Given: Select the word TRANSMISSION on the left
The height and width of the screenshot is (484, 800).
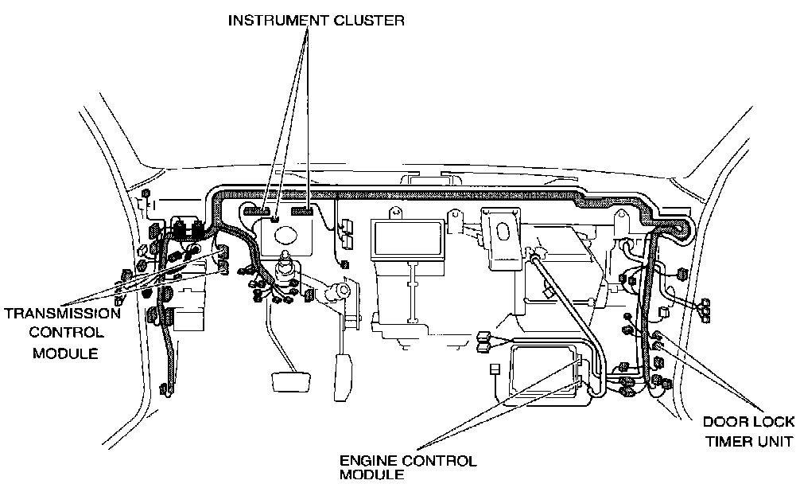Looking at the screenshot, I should [62, 313].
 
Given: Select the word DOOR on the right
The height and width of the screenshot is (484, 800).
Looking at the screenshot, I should [721, 422].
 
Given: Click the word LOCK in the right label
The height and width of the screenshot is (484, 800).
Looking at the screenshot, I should [772, 422].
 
